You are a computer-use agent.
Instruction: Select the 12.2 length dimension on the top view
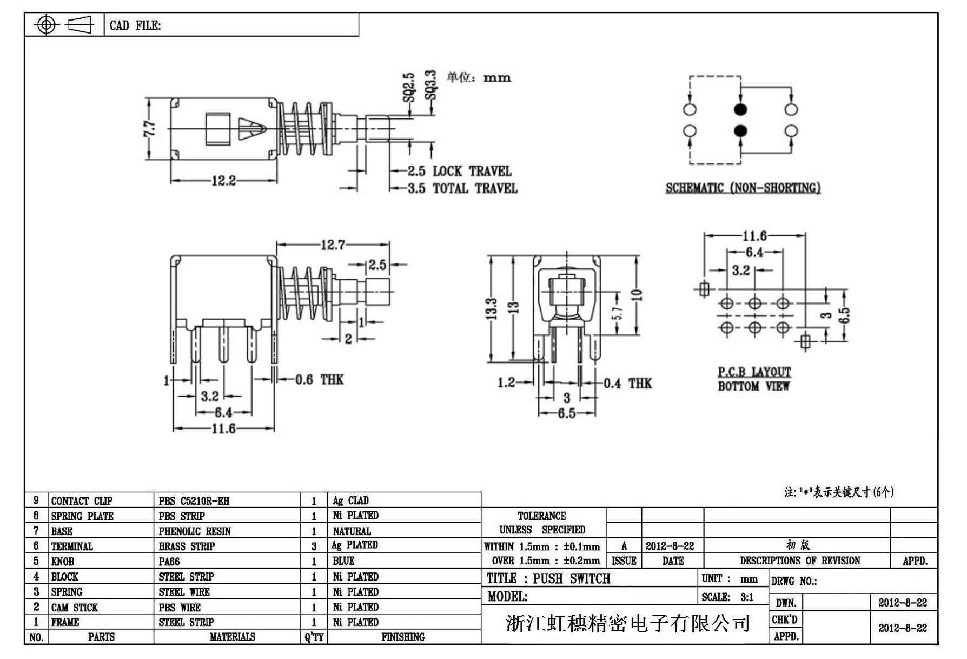coord(223,181)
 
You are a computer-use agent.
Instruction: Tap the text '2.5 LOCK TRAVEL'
coord(459,172)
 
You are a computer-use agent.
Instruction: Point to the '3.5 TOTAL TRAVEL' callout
coord(462,189)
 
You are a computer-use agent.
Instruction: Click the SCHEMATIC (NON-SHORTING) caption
coord(743,188)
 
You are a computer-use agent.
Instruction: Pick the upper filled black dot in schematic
coord(740,109)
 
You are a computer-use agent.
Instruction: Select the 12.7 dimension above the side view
coord(333,245)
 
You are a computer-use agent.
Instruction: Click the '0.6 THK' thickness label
coord(319,380)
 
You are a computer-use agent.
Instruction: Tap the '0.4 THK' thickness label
coord(627,384)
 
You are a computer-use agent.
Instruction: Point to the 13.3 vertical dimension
coord(492,309)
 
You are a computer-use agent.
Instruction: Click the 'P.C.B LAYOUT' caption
coord(754,372)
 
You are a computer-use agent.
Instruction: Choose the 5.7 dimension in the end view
coord(619,313)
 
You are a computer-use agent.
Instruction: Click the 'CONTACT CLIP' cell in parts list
coord(82,501)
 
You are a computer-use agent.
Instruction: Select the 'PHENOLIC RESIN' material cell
coord(195,531)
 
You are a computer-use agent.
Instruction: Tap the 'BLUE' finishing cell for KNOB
coord(344,561)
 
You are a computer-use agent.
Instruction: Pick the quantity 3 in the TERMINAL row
coord(314,546)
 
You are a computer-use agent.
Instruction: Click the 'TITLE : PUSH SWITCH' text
coord(548,579)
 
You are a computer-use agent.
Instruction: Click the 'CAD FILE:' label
coord(135,26)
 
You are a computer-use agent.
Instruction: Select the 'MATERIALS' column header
coord(232,637)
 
